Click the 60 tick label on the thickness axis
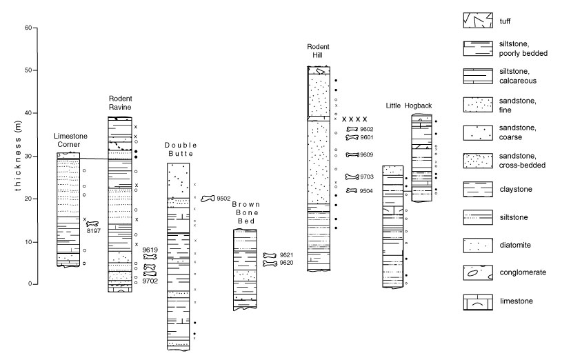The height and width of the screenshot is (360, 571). [x=28, y=28]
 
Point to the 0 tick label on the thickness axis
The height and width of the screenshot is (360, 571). [x=30, y=283]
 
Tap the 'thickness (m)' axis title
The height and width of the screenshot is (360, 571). [x=18, y=155]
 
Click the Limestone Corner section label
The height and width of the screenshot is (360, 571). [x=70, y=140]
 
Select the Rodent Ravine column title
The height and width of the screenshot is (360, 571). [x=120, y=103]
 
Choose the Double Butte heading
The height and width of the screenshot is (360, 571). [x=181, y=149]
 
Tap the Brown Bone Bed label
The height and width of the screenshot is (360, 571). [x=246, y=212]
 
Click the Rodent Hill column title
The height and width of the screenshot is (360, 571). [x=318, y=51]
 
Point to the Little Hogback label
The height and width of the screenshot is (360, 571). [x=408, y=106]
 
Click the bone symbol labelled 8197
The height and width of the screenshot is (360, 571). [x=92, y=224]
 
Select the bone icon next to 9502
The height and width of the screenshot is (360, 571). [x=208, y=199]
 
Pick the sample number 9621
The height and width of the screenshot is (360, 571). [x=286, y=255]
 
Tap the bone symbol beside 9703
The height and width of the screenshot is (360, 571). [x=352, y=177]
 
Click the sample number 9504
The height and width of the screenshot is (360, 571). [x=366, y=191]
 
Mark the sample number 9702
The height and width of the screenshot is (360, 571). [x=150, y=281]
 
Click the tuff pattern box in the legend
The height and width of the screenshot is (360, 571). [x=478, y=21]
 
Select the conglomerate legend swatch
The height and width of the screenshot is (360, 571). [x=478, y=272]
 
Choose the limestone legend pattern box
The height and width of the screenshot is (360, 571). [x=478, y=302]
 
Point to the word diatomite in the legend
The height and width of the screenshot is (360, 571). [x=515, y=245]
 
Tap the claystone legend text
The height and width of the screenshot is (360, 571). [x=516, y=189]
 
